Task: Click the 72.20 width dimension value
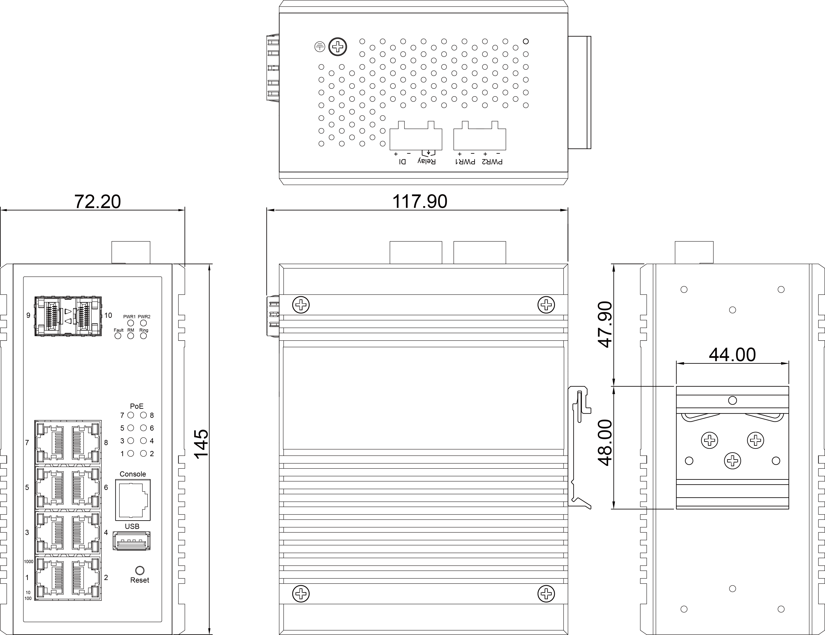point(97,202)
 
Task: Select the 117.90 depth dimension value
point(420,202)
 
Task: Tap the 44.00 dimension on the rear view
point(732,355)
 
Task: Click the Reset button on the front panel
point(139,570)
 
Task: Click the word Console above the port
point(133,474)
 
